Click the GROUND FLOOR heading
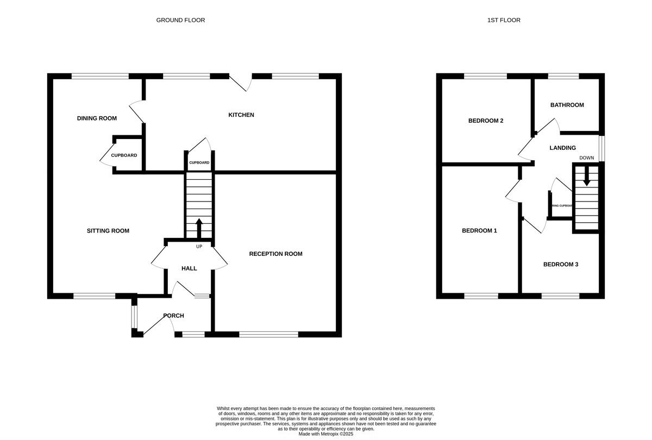(180, 20)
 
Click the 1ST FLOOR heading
(504, 20)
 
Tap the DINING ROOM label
(97, 118)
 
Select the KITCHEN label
(241, 115)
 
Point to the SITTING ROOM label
(108, 231)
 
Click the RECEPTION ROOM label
(275, 254)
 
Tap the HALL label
(189, 268)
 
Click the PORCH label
(173, 316)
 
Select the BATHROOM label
(567, 105)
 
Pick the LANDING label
(562, 148)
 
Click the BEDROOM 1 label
(479, 231)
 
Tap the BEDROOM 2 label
(485, 121)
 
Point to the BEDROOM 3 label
(560, 265)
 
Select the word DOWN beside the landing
(586, 158)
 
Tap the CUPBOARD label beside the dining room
(124, 155)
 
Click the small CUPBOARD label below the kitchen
(199, 163)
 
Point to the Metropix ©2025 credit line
(326, 434)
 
